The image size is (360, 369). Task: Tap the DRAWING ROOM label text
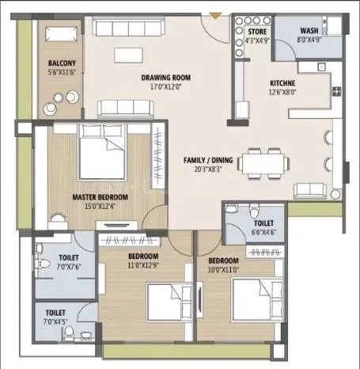(x=166, y=78)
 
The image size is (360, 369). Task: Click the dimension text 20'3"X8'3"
(x=208, y=169)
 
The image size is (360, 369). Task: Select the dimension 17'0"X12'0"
(x=166, y=87)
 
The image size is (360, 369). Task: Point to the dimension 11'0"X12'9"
(x=143, y=266)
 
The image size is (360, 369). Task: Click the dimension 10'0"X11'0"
(x=223, y=270)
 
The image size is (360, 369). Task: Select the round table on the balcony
(x=59, y=103)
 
